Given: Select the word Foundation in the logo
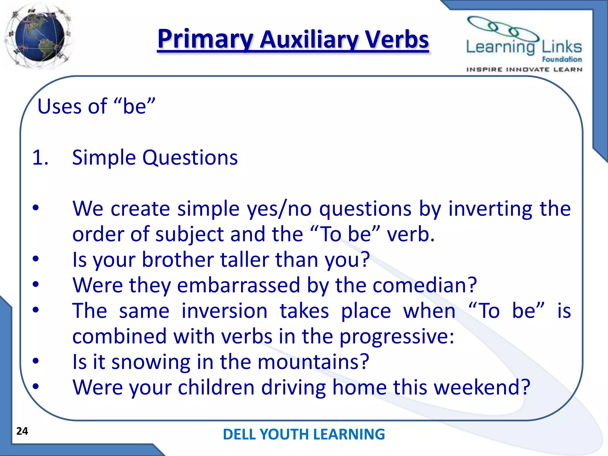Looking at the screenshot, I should coord(562,59).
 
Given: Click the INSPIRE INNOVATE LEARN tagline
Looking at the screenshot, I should coord(524,69).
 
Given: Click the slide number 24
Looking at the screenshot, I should coord(22,431).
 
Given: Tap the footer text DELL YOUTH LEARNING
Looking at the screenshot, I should coord(304,434).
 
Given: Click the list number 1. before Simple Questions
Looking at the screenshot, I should coord(40,158).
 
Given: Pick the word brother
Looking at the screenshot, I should coord(178,260).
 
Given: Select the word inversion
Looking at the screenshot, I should coord(224,311).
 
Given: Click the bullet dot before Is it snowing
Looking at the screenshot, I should coord(36,361).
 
